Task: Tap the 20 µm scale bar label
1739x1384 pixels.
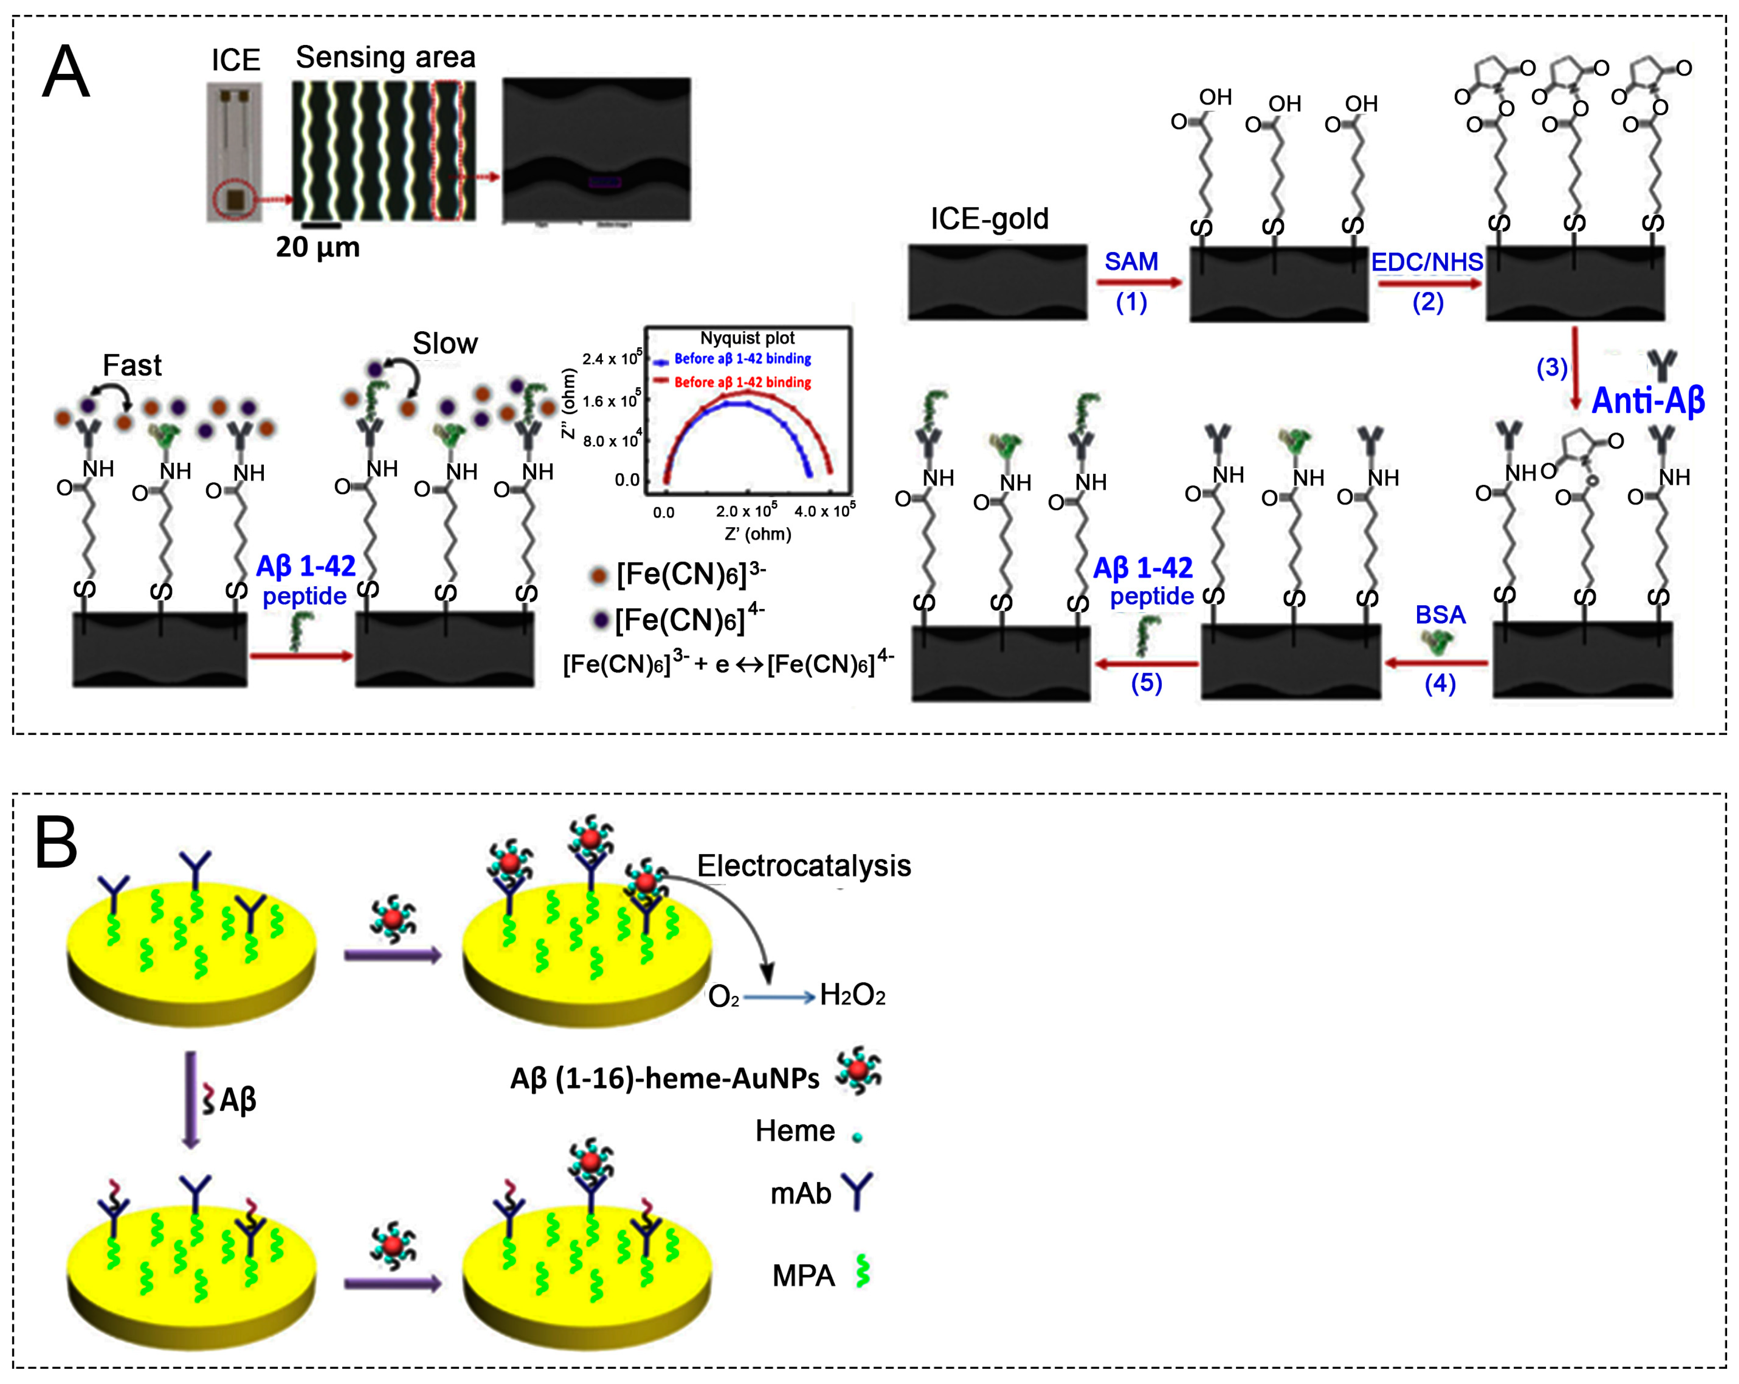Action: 318,247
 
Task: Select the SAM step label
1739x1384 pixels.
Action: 1131,261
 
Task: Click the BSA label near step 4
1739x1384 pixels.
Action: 1440,615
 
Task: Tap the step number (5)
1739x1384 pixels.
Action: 1146,683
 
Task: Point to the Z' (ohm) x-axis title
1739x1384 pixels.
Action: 758,534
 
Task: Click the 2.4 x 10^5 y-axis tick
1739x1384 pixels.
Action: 611,358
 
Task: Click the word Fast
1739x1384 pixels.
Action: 132,365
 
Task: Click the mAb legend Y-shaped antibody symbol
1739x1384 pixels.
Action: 857,1191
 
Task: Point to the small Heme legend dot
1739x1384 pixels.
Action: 857,1137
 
